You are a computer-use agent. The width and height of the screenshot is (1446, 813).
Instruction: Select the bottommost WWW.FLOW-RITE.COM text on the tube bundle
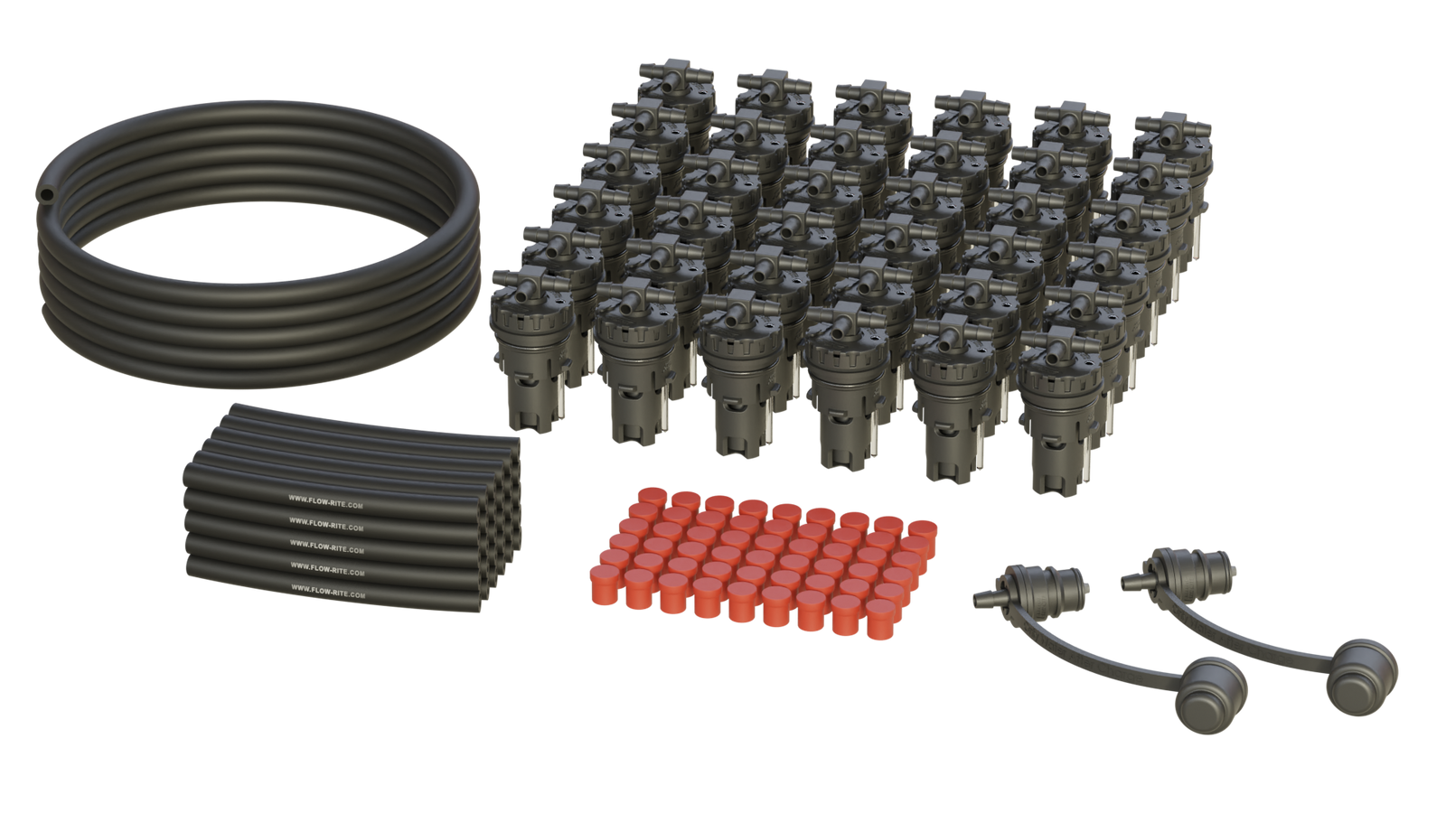(x=328, y=593)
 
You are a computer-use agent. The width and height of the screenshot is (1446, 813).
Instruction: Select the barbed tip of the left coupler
(x=981, y=597)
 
